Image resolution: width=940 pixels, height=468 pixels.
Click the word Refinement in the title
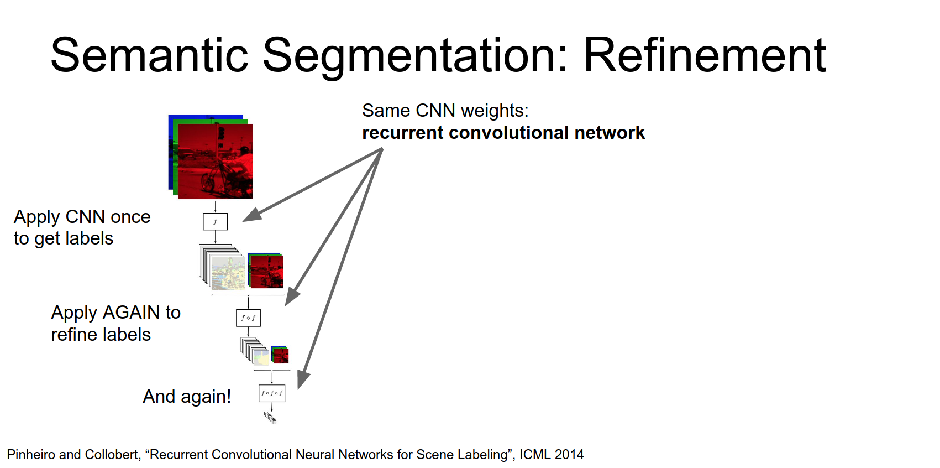point(704,55)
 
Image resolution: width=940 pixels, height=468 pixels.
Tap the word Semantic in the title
point(149,55)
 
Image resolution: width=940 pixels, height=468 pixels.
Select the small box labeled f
point(215,221)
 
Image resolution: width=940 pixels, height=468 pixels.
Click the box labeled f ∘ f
point(248,318)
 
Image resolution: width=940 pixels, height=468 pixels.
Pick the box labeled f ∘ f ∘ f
point(272,393)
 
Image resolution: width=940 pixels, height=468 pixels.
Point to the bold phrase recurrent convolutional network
point(503,133)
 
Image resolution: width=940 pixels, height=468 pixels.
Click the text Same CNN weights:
point(445,111)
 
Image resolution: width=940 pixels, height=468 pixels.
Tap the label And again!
point(187,397)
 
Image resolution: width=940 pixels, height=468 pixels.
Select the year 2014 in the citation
point(569,455)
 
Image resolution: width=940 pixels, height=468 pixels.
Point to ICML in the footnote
point(535,455)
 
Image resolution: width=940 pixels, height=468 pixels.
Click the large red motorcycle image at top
point(215,161)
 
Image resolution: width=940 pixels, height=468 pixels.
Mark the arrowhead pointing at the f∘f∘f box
point(303,381)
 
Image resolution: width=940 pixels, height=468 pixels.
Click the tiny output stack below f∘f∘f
point(270,418)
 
